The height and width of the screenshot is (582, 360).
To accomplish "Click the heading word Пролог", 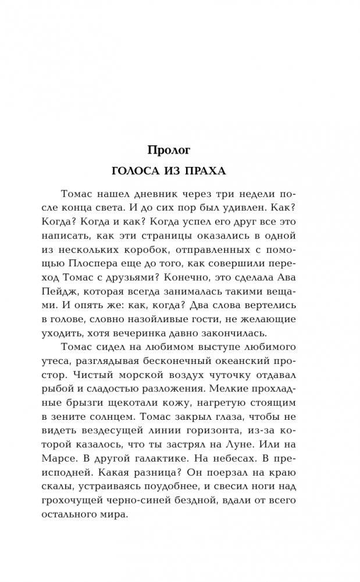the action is click(169, 150).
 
